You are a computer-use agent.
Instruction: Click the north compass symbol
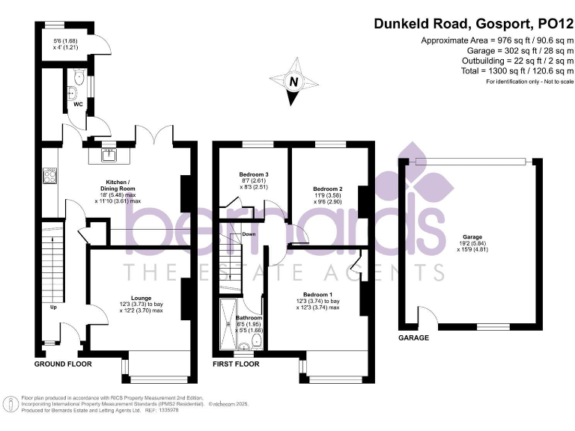[293, 84]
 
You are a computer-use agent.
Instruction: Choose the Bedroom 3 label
[254, 175]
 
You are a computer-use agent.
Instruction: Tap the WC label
[77, 104]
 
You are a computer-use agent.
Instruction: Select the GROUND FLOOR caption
[63, 364]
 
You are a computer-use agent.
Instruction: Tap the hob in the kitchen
[51, 176]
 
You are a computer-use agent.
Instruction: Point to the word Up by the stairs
[53, 308]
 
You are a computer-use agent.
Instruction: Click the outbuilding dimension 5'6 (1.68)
[65, 42]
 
